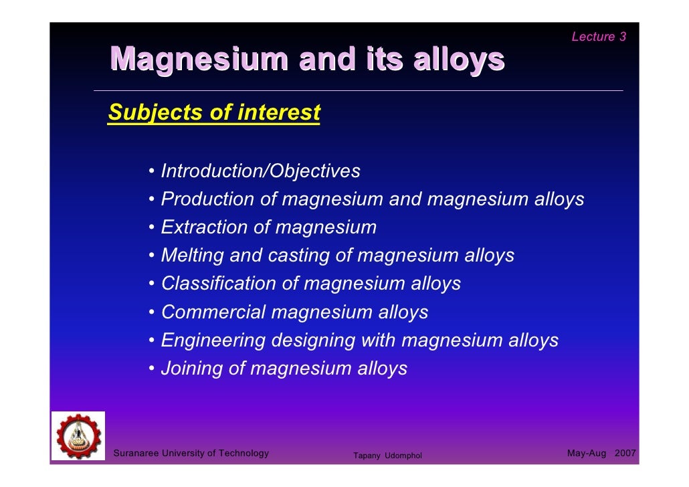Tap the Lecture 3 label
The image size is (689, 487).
pos(598,37)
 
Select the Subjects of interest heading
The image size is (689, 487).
pos(214,112)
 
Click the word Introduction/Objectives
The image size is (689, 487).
pos(260,171)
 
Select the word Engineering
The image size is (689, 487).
pos(213,340)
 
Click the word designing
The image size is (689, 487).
pos(313,340)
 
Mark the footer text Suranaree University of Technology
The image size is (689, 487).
pos(191,454)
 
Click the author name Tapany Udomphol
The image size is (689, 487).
pos(387,456)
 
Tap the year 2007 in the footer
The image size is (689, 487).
pos(625,454)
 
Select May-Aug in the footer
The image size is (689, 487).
pos(586,454)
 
